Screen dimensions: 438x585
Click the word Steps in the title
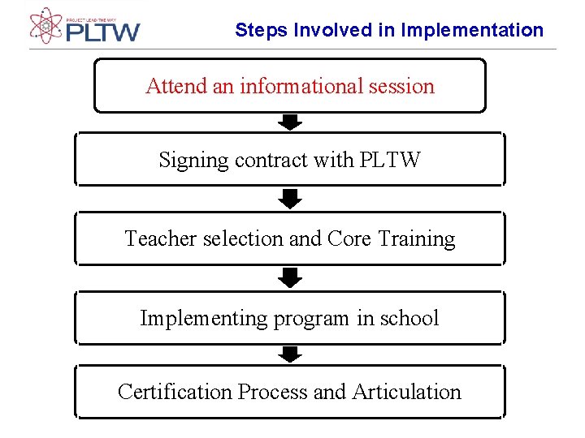(x=262, y=30)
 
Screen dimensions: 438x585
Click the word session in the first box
(x=404, y=86)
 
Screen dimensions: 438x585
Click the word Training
(x=417, y=238)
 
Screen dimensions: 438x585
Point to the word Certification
(x=175, y=392)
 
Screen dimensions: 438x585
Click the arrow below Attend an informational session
(x=290, y=122)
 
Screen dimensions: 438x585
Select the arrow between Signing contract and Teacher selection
(x=290, y=199)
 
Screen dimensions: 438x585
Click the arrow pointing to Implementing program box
(x=290, y=278)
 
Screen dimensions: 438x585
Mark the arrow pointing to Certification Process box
(x=290, y=354)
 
